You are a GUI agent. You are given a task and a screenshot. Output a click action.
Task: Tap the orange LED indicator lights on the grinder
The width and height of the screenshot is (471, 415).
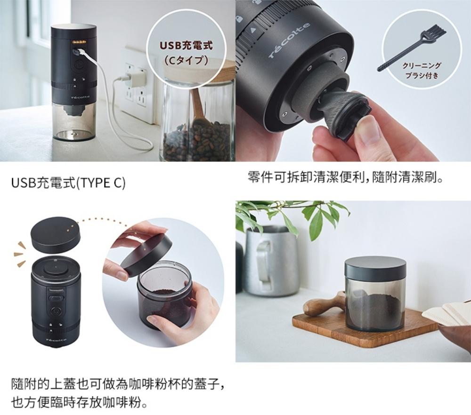click(x=79, y=42)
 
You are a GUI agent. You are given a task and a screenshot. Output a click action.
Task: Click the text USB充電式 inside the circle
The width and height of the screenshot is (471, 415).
click(x=186, y=46)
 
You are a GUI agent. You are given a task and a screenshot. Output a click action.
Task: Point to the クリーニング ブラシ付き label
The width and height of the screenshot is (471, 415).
click(x=422, y=70)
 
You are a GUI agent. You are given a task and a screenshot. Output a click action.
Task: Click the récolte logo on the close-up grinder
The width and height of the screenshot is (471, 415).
click(x=289, y=40)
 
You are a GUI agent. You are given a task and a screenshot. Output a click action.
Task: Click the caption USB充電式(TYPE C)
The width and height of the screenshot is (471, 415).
click(x=68, y=183)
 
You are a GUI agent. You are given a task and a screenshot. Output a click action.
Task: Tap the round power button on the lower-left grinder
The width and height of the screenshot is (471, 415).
click(x=55, y=311)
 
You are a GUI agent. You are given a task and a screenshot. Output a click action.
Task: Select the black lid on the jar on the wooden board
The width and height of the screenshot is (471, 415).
click(x=375, y=268)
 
